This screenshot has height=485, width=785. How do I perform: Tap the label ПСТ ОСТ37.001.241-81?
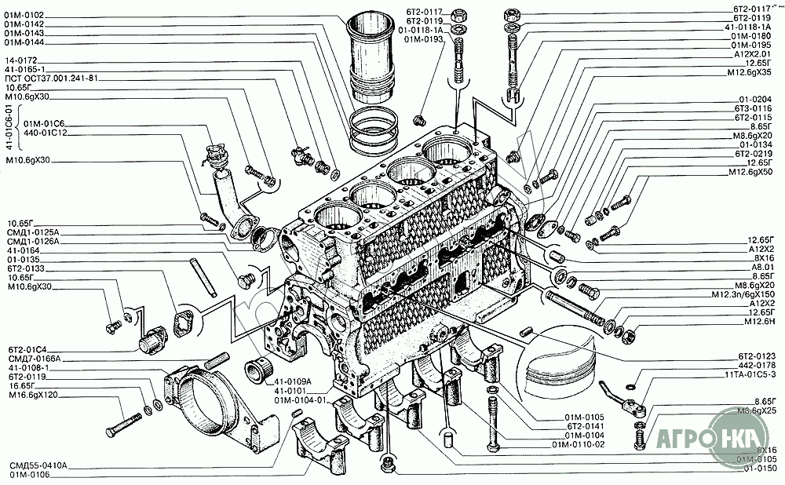tap(51, 78)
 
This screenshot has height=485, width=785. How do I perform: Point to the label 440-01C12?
tap(45, 133)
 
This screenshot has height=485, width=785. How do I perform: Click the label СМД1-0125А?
tap(33, 232)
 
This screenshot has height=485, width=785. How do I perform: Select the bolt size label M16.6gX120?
tap(33, 396)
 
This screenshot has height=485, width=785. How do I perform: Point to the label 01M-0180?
tap(751, 36)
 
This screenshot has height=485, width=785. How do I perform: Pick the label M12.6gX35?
tap(751, 71)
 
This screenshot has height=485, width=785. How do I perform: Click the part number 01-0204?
tap(755, 99)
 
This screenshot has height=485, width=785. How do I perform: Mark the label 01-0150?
tap(757, 468)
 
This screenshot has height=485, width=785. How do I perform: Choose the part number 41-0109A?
tap(294, 381)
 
